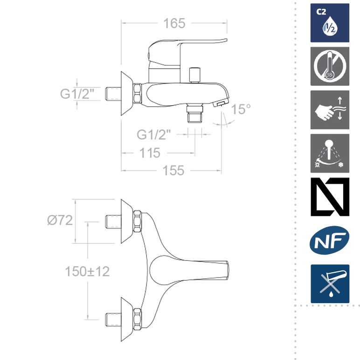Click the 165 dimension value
click(x=174, y=23)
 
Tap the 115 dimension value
click(x=150, y=153)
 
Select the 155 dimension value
click(x=173, y=171)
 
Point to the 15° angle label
click(x=241, y=109)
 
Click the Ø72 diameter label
click(x=60, y=220)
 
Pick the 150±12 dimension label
click(x=87, y=271)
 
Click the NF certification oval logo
click(x=330, y=240)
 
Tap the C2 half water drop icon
click(x=330, y=23)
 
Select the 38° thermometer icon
click(x=330, y=66)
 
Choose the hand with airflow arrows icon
click(x=330, y=110)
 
